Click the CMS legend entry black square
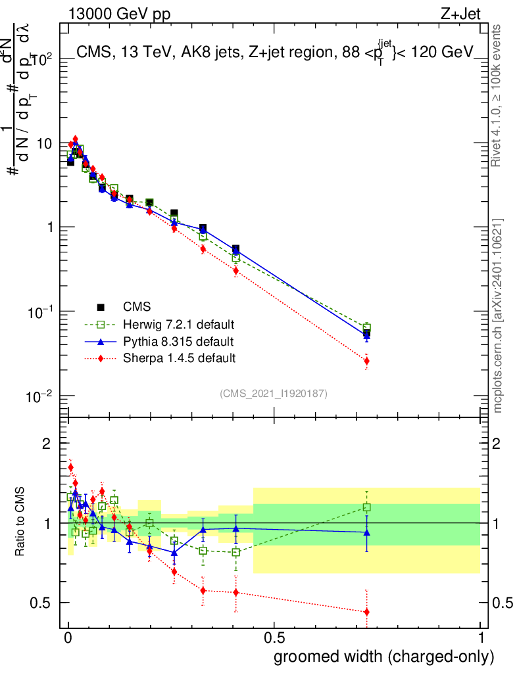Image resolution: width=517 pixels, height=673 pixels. (x=101, y=307)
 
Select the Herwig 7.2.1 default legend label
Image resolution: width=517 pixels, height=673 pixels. (x=179, y=325)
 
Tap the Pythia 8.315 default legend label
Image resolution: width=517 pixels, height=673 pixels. (x=178, y=342)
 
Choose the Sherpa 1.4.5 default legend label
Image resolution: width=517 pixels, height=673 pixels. (x=179, y=358)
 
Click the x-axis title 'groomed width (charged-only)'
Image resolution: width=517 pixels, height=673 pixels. (x=383, y=657)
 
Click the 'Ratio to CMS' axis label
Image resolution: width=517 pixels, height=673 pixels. (x=21, y=522)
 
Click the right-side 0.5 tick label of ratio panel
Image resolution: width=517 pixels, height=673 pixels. (x=502, y=603)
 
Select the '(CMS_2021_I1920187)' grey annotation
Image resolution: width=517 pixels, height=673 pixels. (x=274, y=393)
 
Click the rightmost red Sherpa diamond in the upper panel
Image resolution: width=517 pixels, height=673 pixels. (x=366, y=361)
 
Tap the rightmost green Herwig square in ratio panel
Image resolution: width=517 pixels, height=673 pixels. (x=366, y=507)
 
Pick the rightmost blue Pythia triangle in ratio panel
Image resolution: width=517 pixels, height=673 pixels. (x=366, y=532)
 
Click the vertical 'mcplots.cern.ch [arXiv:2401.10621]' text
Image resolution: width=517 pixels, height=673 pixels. (x=499, y=315)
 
